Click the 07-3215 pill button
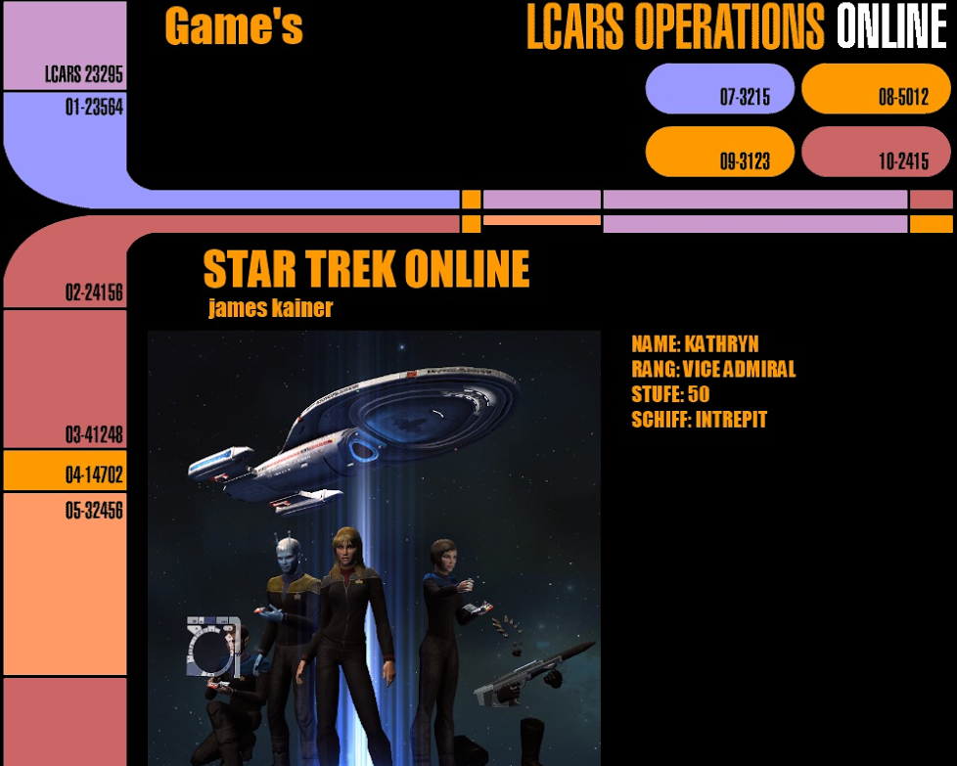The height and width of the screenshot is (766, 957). [x=719, y=88]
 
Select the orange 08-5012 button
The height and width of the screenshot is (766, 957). [x=876, y=88]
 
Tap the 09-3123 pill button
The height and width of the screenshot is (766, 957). [x=719, y=152]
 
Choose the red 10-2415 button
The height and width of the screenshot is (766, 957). [x=876, y=152]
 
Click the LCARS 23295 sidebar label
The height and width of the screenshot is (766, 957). [x=83, y=74]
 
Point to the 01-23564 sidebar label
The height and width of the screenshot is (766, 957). [x=94, y=107]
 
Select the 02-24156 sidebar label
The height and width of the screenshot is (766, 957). [x=94, y=293]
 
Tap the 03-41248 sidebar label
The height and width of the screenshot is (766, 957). [x=94, y=434]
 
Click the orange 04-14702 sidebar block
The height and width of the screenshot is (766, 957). [x=66, y=471]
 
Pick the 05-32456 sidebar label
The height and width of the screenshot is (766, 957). [x=94, y=510]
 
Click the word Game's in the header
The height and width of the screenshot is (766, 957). [x=234, y=26]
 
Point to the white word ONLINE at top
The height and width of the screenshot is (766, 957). [x=891, y=26]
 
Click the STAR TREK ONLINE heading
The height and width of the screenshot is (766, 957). [x=366, y=269]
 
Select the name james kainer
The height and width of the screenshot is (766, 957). [x=270, y=307]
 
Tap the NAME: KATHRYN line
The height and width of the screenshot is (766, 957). [x=695, y=343]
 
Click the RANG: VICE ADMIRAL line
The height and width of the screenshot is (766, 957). [x=713, y=369]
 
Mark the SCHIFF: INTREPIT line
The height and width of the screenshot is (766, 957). [x=699, y=420]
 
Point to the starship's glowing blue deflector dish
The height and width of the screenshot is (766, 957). [x=364, y=450]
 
